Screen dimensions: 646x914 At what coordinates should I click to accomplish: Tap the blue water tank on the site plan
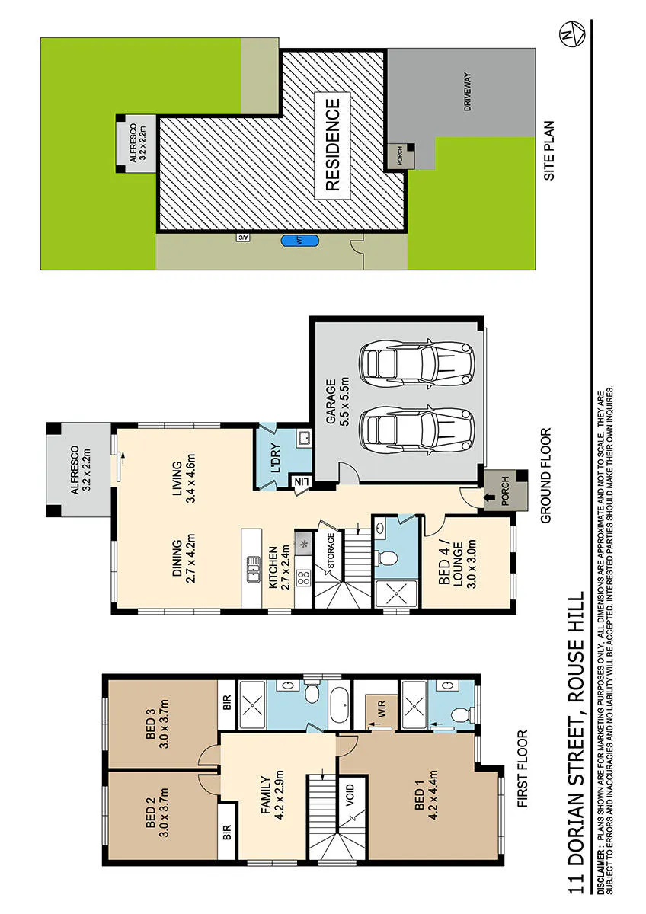point(299,241)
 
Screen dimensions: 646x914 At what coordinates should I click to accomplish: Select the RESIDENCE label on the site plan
point(333,145)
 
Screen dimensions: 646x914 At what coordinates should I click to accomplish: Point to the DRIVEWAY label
point(467,91)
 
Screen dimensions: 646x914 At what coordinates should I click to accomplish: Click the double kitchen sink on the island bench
point(254,569)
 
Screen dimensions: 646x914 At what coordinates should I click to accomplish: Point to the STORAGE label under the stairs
point(331,551)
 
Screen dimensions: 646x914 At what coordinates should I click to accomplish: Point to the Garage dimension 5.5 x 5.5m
point(345,401)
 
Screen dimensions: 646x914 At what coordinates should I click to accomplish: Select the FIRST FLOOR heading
point(522,769)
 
